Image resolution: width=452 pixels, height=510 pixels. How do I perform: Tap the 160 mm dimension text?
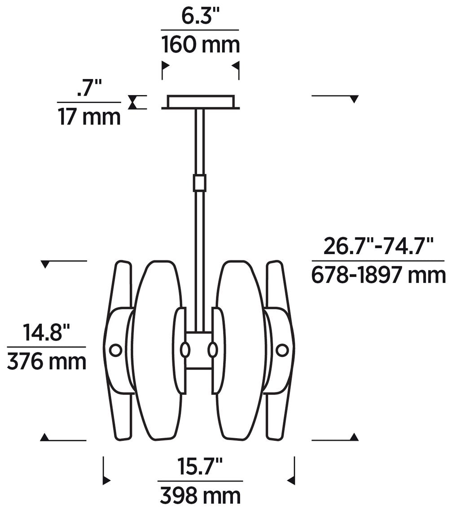[201, 44]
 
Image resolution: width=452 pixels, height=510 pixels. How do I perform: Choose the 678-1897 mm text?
[378, 275]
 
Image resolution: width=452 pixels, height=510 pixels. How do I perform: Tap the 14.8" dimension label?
[47, 332]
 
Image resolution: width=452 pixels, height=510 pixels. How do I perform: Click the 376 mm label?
[47, 361]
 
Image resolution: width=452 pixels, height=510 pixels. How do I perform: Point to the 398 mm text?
[200, 496]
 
